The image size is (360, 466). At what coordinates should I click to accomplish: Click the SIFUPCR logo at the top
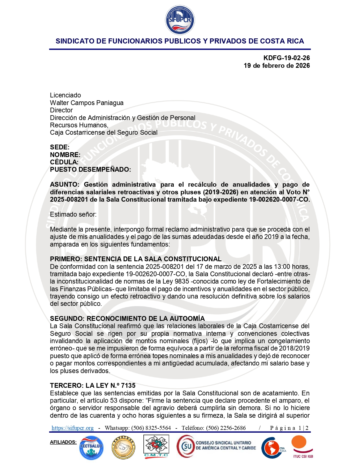point(180,20)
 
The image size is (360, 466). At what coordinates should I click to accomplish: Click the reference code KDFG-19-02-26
point(286,58)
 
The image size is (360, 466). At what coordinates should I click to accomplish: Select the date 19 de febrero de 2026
point(277,66)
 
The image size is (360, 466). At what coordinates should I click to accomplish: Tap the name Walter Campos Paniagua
point(87,103)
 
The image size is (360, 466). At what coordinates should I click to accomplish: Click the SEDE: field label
point(60,147)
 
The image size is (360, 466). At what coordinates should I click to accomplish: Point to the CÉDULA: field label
point(64,162)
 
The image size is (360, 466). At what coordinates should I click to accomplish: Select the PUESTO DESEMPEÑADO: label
point(90,169)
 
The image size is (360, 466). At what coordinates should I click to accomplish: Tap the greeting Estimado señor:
point(73,214)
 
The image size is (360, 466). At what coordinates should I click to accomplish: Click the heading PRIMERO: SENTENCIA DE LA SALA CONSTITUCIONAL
point(136,259)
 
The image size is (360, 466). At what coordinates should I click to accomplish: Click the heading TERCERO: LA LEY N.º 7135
point(93,386)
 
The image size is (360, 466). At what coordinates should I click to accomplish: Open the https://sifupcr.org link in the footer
point(73,428)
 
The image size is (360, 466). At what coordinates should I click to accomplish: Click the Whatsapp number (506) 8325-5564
point(151,428)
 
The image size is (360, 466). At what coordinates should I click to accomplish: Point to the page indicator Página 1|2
point(289,428)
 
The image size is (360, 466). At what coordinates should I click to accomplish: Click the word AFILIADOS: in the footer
point(63,442)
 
